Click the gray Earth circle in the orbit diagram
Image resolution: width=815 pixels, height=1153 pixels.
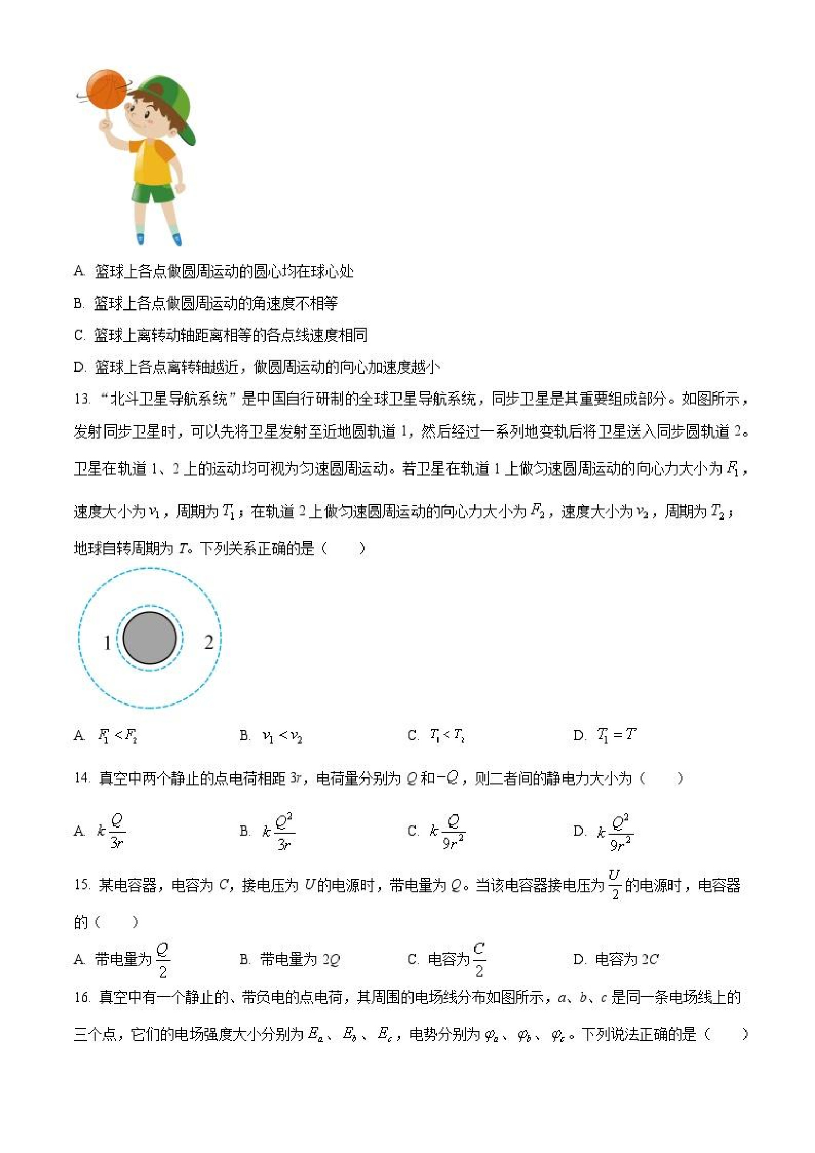coord(149,638)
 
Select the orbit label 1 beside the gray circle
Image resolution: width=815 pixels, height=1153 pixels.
coord(107,643)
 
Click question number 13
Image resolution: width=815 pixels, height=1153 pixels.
coord(81,399)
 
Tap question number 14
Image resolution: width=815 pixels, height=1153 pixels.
coord(81,779)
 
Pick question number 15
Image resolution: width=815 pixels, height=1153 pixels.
coord(81,885)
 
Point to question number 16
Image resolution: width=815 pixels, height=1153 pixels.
coord(81,996)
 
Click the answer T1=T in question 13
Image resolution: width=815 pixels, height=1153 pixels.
coord(616,735)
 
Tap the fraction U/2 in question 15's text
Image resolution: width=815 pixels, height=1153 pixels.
coord(614,884)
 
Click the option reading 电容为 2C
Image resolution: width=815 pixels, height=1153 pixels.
coord(626,960)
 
